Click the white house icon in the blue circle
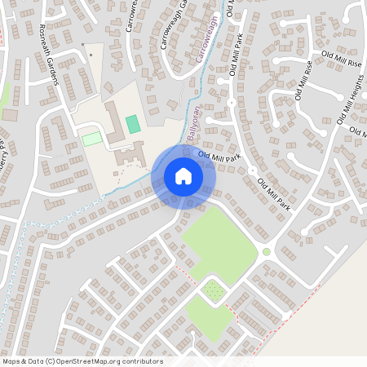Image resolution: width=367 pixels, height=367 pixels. (183, 176)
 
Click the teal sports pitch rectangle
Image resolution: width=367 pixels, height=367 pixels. (132, 125)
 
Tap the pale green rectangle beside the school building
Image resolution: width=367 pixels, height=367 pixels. (92, 139)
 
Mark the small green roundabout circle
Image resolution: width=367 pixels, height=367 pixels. (266, 251)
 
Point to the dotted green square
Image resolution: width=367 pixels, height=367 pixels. (214, 290)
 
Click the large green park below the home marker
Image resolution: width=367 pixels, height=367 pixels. (215, 241)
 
